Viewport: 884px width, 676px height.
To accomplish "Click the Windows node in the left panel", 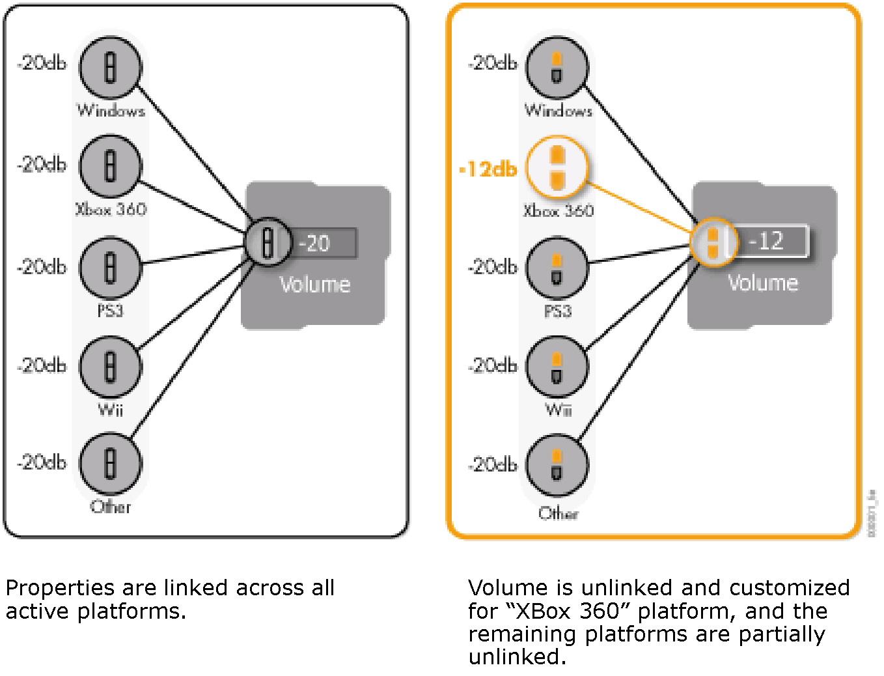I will [x=110, y=67].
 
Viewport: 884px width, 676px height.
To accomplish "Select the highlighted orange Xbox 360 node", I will [x=557, y=168].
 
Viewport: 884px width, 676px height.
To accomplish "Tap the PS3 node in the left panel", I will [x=110, y=266].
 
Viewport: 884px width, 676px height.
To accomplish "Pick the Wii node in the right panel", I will [x=557, y=367].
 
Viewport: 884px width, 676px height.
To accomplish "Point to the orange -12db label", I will [x=488, y=170].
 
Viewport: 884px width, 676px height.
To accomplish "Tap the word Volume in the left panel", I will [x=315, y=285].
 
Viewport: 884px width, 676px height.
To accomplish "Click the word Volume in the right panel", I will [x=762, y=283].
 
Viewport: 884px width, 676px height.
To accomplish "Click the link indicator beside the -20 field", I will [x=266, y=242].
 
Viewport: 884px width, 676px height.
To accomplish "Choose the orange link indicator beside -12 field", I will [x=713, y=241].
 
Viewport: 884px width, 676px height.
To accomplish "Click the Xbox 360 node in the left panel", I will [x=110, y=165].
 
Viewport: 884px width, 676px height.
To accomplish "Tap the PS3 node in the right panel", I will [x=557, y=267].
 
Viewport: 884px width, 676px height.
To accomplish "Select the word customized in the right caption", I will [x=789, y=588].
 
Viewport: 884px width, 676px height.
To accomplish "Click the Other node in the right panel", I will [x=557, y=465].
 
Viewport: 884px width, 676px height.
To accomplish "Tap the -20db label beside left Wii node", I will [x=42, y=366].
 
